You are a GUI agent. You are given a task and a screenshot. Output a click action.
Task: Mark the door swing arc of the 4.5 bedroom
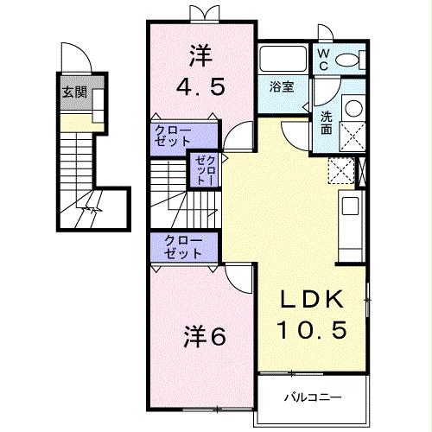[x=238, y=137]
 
